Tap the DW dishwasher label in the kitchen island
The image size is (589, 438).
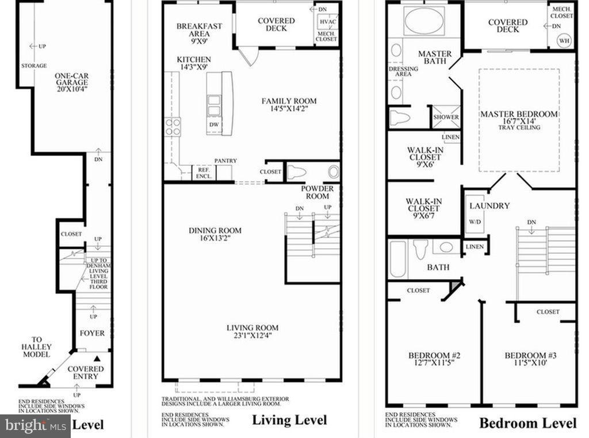click(x=213, y=124)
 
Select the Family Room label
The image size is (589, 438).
click(x=289, y=101)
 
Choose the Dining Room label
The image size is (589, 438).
click(x=215, y=230)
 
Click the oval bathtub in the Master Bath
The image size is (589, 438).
click(x=424, y=21)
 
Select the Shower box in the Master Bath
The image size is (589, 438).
click(x=446, y=117)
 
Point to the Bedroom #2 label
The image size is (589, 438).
click(x=430, y=355)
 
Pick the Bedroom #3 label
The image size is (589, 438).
click(x=527, y=355)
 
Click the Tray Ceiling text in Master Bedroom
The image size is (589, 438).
click(x=519, y=127)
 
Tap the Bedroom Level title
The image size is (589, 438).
click(x=527, y=423)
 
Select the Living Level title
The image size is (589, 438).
click(x=289, y=420)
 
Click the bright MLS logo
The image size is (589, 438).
click(x=35, y=426)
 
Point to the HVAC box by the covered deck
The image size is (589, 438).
click(x=327, y=21)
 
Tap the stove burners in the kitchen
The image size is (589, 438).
click(x=173, y=126)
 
